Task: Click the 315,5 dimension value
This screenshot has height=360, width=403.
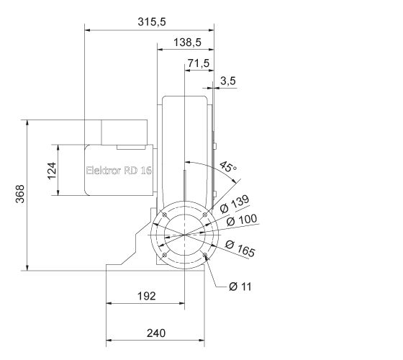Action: tap(152, 22)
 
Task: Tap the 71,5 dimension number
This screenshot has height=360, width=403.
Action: tap(198, 63)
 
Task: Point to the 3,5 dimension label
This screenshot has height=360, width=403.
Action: tap(228, 81)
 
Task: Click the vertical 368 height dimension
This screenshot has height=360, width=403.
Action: tap(19, 195)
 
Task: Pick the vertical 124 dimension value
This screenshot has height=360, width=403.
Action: tap(53, 171)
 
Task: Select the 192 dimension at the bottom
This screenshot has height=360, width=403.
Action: tap(146, 296)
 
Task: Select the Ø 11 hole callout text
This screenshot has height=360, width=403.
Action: tap(240, 287)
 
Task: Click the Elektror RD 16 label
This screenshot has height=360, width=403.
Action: tap(119, 171)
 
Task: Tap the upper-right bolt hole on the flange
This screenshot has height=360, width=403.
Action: tap(205, 215)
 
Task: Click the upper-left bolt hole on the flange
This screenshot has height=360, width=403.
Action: tap(164, 215)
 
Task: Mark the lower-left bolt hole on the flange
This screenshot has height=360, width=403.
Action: tap(164, 256)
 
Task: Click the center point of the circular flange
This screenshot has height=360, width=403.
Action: tap(185, 235)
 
